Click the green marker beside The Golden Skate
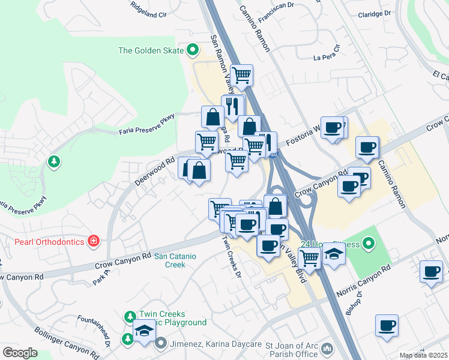193,50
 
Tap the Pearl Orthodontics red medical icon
94,242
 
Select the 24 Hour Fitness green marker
369,244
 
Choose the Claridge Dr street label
375,13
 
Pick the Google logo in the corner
20,353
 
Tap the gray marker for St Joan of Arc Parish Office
327,348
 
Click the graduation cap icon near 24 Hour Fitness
334,255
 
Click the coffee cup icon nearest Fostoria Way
333,127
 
